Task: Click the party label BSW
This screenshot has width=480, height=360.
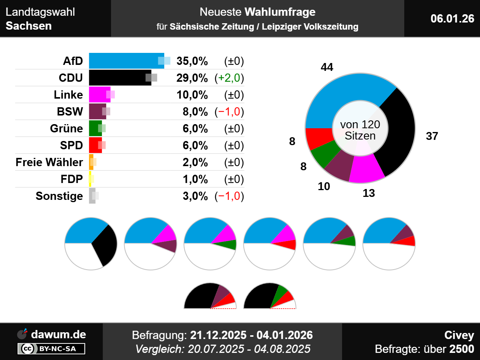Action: click(x=70, y=111)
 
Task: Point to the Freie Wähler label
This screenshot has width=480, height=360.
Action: click(x=49, y=162)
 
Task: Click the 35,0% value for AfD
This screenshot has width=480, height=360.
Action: click(x=192, y=61)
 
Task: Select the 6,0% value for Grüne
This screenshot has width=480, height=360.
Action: click(x=195, y=128)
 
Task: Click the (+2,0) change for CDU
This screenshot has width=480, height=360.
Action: click(x=229, y=78)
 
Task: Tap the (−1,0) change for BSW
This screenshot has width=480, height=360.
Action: click(x=229, y=111)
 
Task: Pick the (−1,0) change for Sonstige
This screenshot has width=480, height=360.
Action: click(x=229, y=196)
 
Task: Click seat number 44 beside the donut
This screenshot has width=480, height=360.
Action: click(x=327, y=67)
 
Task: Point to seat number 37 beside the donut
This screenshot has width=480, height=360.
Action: click(x=432, y=136)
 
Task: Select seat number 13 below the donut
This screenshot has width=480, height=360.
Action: click(x=369, y=193)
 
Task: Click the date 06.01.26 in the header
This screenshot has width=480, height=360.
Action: click(x=452, y=18)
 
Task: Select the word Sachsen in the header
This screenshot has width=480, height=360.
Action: click(x=28, y=26)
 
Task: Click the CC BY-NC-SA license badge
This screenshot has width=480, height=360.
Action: click(x=51, y=349)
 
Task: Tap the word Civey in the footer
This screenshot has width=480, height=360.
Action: click(x=459, y=335)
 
